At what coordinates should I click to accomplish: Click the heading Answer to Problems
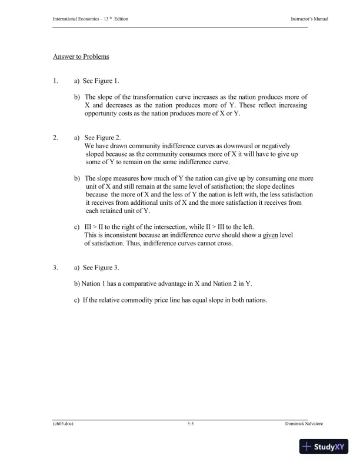(x=81, y=57)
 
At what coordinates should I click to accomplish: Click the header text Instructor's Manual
(x=309, y=19)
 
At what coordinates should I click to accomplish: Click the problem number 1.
(x=55, y=81)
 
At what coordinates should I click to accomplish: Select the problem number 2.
(x=55, y=137)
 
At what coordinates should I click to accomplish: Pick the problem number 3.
(x=55, y=268)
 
